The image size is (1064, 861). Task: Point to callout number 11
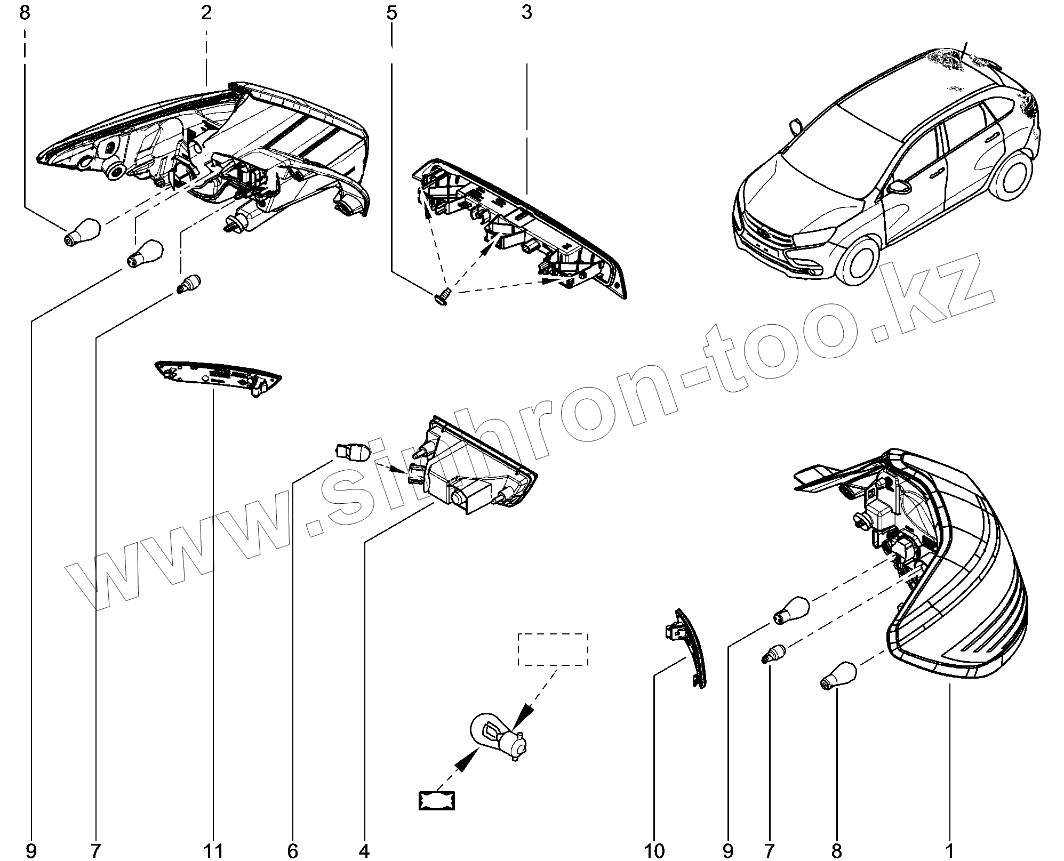pos(213,850)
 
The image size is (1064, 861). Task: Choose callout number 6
pos(292,850)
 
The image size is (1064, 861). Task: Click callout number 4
pos(364,850)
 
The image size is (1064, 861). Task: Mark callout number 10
pos(654,850)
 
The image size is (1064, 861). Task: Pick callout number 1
pos(949,850)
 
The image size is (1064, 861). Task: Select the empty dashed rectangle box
pos(554,649)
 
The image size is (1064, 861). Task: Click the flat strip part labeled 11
pos(218,376)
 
